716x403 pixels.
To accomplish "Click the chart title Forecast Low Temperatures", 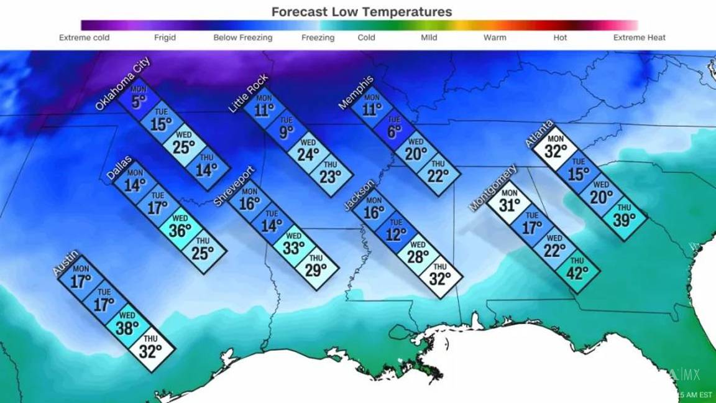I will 362,12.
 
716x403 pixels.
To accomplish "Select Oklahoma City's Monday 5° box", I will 139,98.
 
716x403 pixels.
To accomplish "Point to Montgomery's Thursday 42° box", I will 577,270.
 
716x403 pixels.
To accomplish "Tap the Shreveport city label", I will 234,186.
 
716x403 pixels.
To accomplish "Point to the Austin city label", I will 65,262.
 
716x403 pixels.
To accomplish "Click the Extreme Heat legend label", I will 639,37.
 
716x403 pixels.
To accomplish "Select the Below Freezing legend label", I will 242,37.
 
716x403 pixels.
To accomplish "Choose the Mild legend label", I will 429,37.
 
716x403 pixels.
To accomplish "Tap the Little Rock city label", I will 249,93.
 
